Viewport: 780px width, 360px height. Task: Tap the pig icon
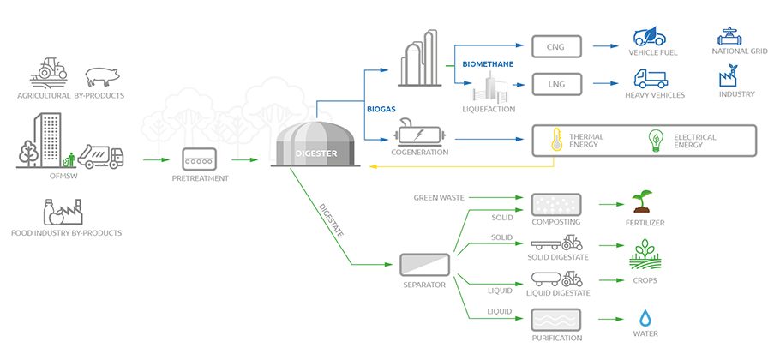(x=102, y=74)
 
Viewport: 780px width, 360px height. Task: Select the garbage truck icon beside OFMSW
(x=100, y=157)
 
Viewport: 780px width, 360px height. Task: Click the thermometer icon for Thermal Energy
(x=555, y=140)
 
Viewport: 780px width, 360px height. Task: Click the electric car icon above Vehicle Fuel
(x=652, y=37)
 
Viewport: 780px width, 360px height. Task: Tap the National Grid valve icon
(x=731, y=37)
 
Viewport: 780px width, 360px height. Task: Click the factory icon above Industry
(x=731, y=78)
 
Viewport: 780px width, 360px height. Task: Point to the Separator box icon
(x=426, y=263)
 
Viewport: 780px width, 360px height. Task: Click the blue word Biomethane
(x=487, y=64)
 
